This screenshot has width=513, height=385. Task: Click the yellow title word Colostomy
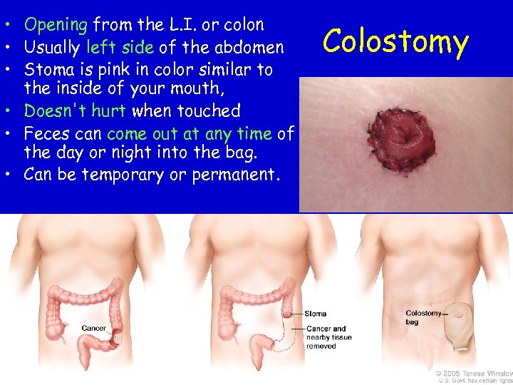395,42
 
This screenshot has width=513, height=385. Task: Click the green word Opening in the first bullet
56,25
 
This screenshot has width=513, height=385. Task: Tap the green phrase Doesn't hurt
75,111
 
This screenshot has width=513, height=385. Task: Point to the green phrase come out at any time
190,133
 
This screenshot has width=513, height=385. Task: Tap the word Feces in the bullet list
45,133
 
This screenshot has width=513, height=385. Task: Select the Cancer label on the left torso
93,329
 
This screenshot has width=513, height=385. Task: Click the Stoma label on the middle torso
315,314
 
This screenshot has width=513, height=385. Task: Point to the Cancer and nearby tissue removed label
328,337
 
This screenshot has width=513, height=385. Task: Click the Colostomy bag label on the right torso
423,317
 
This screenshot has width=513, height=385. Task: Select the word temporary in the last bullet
122,175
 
